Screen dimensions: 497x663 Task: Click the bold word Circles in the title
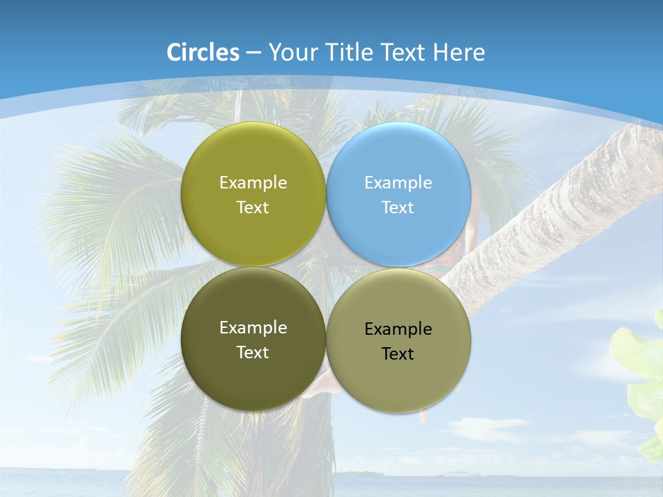tap(203, 52)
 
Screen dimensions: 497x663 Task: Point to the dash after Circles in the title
tap(253, 53)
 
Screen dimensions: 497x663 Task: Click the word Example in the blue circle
tap(398, 183)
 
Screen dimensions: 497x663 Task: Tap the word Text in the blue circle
tap(398, 208)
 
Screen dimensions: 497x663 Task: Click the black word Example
tap(398, 329)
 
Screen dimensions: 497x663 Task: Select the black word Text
tap(398, 354)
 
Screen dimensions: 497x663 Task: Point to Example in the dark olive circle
tap(253, 328)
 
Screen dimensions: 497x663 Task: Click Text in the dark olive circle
tap(253, 353)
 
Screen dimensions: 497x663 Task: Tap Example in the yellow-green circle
tap(253, 183)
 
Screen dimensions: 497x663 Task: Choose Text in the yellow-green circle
tap(253, 208)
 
